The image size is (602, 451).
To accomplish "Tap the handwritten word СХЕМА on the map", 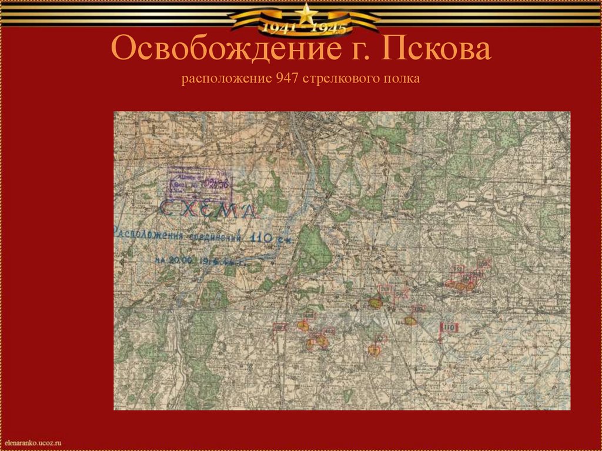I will [208, 209].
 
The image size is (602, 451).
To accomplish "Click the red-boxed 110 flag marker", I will [449, 328].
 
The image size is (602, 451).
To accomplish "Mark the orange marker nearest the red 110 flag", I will [410, 320].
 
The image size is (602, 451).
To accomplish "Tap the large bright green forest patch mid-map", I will [312, 249].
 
